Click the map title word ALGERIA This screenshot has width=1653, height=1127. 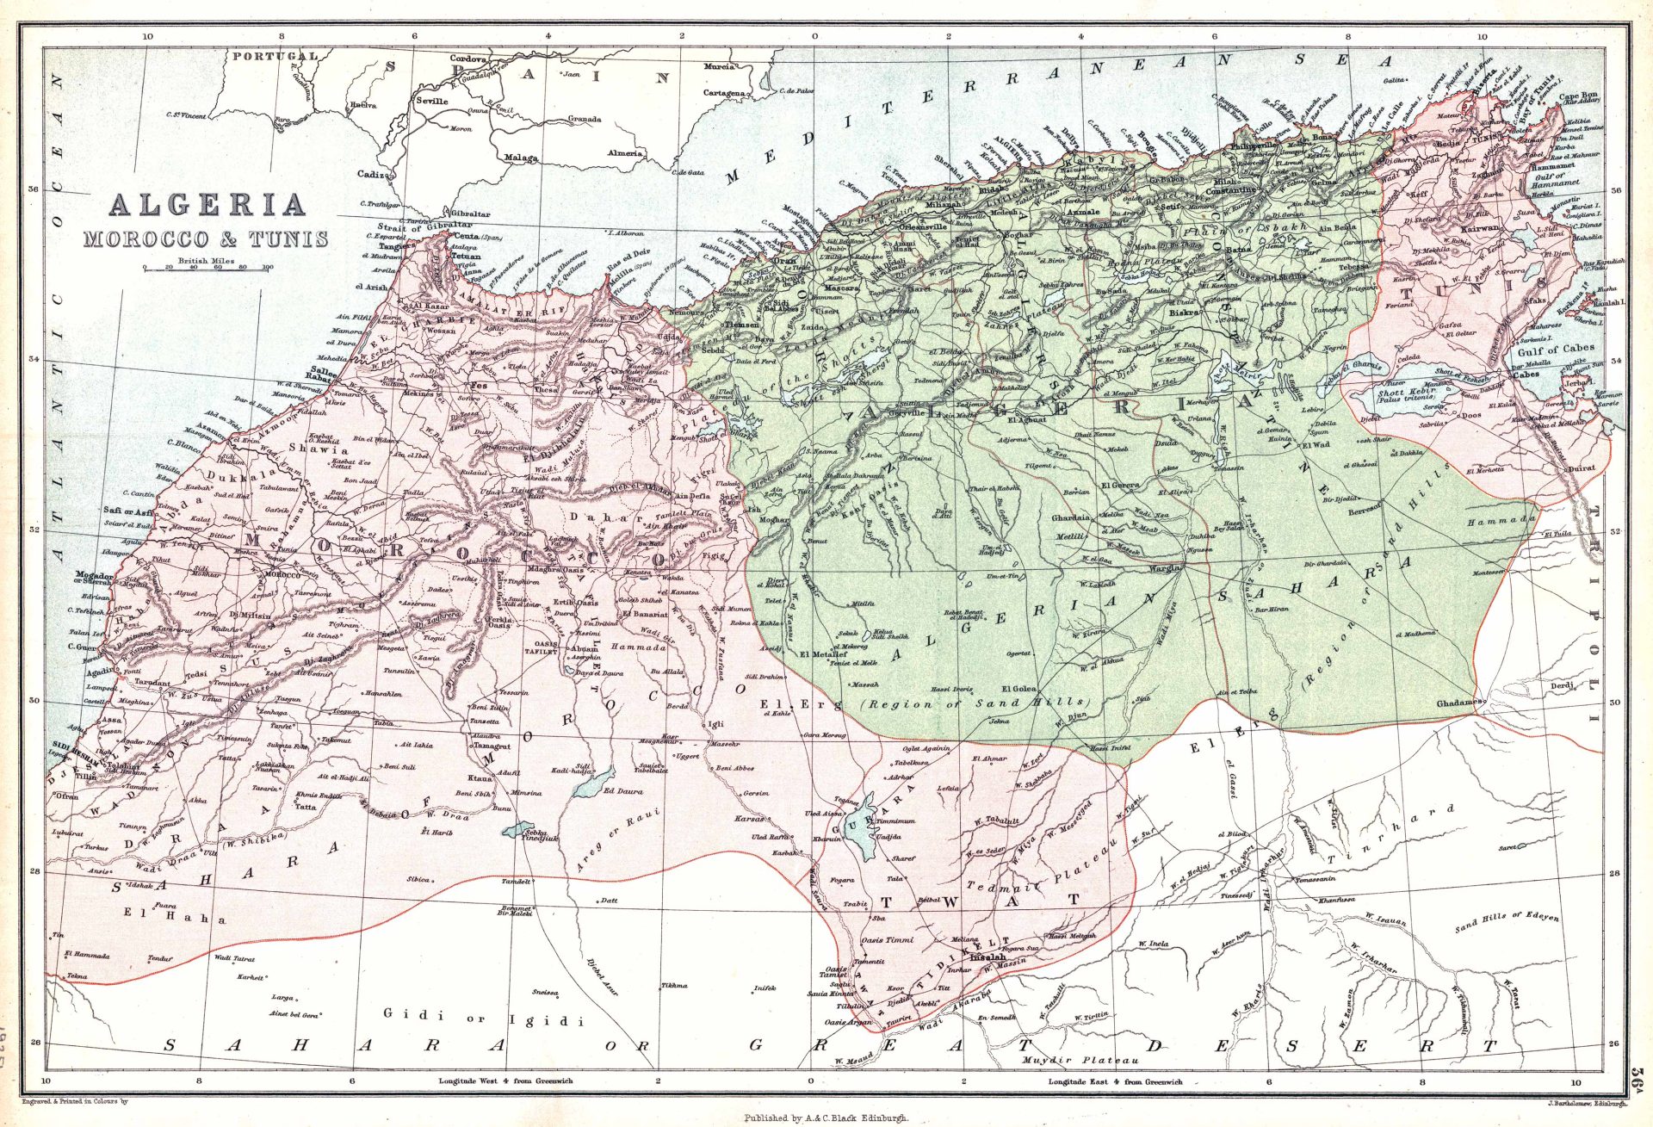[207, 205]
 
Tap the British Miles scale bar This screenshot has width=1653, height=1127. [207, 269]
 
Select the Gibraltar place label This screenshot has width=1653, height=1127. [470, 214]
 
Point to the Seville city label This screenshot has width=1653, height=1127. [431, 101]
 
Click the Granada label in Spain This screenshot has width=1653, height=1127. [584, 119]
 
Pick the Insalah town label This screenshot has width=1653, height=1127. [987, 957]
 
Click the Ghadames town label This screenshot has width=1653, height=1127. [1458, 703]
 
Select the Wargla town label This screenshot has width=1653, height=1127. [1167, 569]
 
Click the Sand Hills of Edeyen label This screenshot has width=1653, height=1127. [1507, 922]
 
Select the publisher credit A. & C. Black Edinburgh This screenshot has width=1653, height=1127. [826, 1118]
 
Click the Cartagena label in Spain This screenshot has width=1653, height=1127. [723, 93]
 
